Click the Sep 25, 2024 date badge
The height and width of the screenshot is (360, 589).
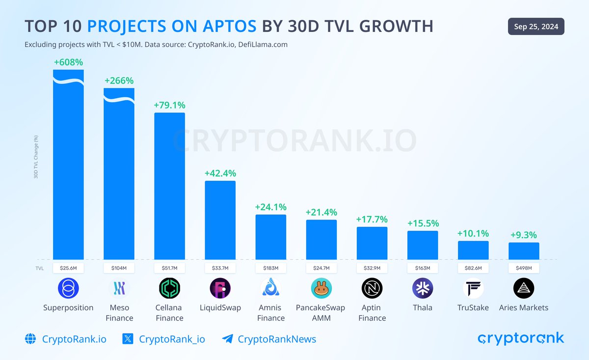click(x=536, y=27)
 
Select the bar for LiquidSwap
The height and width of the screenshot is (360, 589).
click(x=220, y=220)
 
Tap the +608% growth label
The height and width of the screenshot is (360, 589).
click(x=68, y=62)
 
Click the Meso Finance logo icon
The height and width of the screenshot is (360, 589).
click(x=119, y=288)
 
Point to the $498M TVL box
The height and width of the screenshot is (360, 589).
click(x=524, y=268)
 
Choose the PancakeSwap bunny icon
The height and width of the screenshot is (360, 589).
click(x=321, y=288)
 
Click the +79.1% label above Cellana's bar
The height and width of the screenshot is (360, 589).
click(x=170, y=105)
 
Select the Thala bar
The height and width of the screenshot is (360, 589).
click(x=423, y=245)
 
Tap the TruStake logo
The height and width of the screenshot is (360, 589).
click(x=473, y=288)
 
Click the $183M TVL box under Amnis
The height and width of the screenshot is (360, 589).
click(x=270, y=268)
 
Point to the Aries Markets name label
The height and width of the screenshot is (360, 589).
click(x=524, y=308)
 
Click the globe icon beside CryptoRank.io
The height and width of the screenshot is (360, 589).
click(x=30, y=339)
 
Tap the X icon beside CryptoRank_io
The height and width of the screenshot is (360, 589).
click(x=128, y=339)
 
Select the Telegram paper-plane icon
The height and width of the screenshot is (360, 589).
click(x=227, y=339)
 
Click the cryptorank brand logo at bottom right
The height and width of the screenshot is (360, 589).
click(x=521, y=338)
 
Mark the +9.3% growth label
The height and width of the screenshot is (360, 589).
click(x=524, y=235)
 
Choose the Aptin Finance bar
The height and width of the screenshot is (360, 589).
click(x=372, y=243)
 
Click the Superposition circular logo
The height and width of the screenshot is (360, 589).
click(x=68, y=288)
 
